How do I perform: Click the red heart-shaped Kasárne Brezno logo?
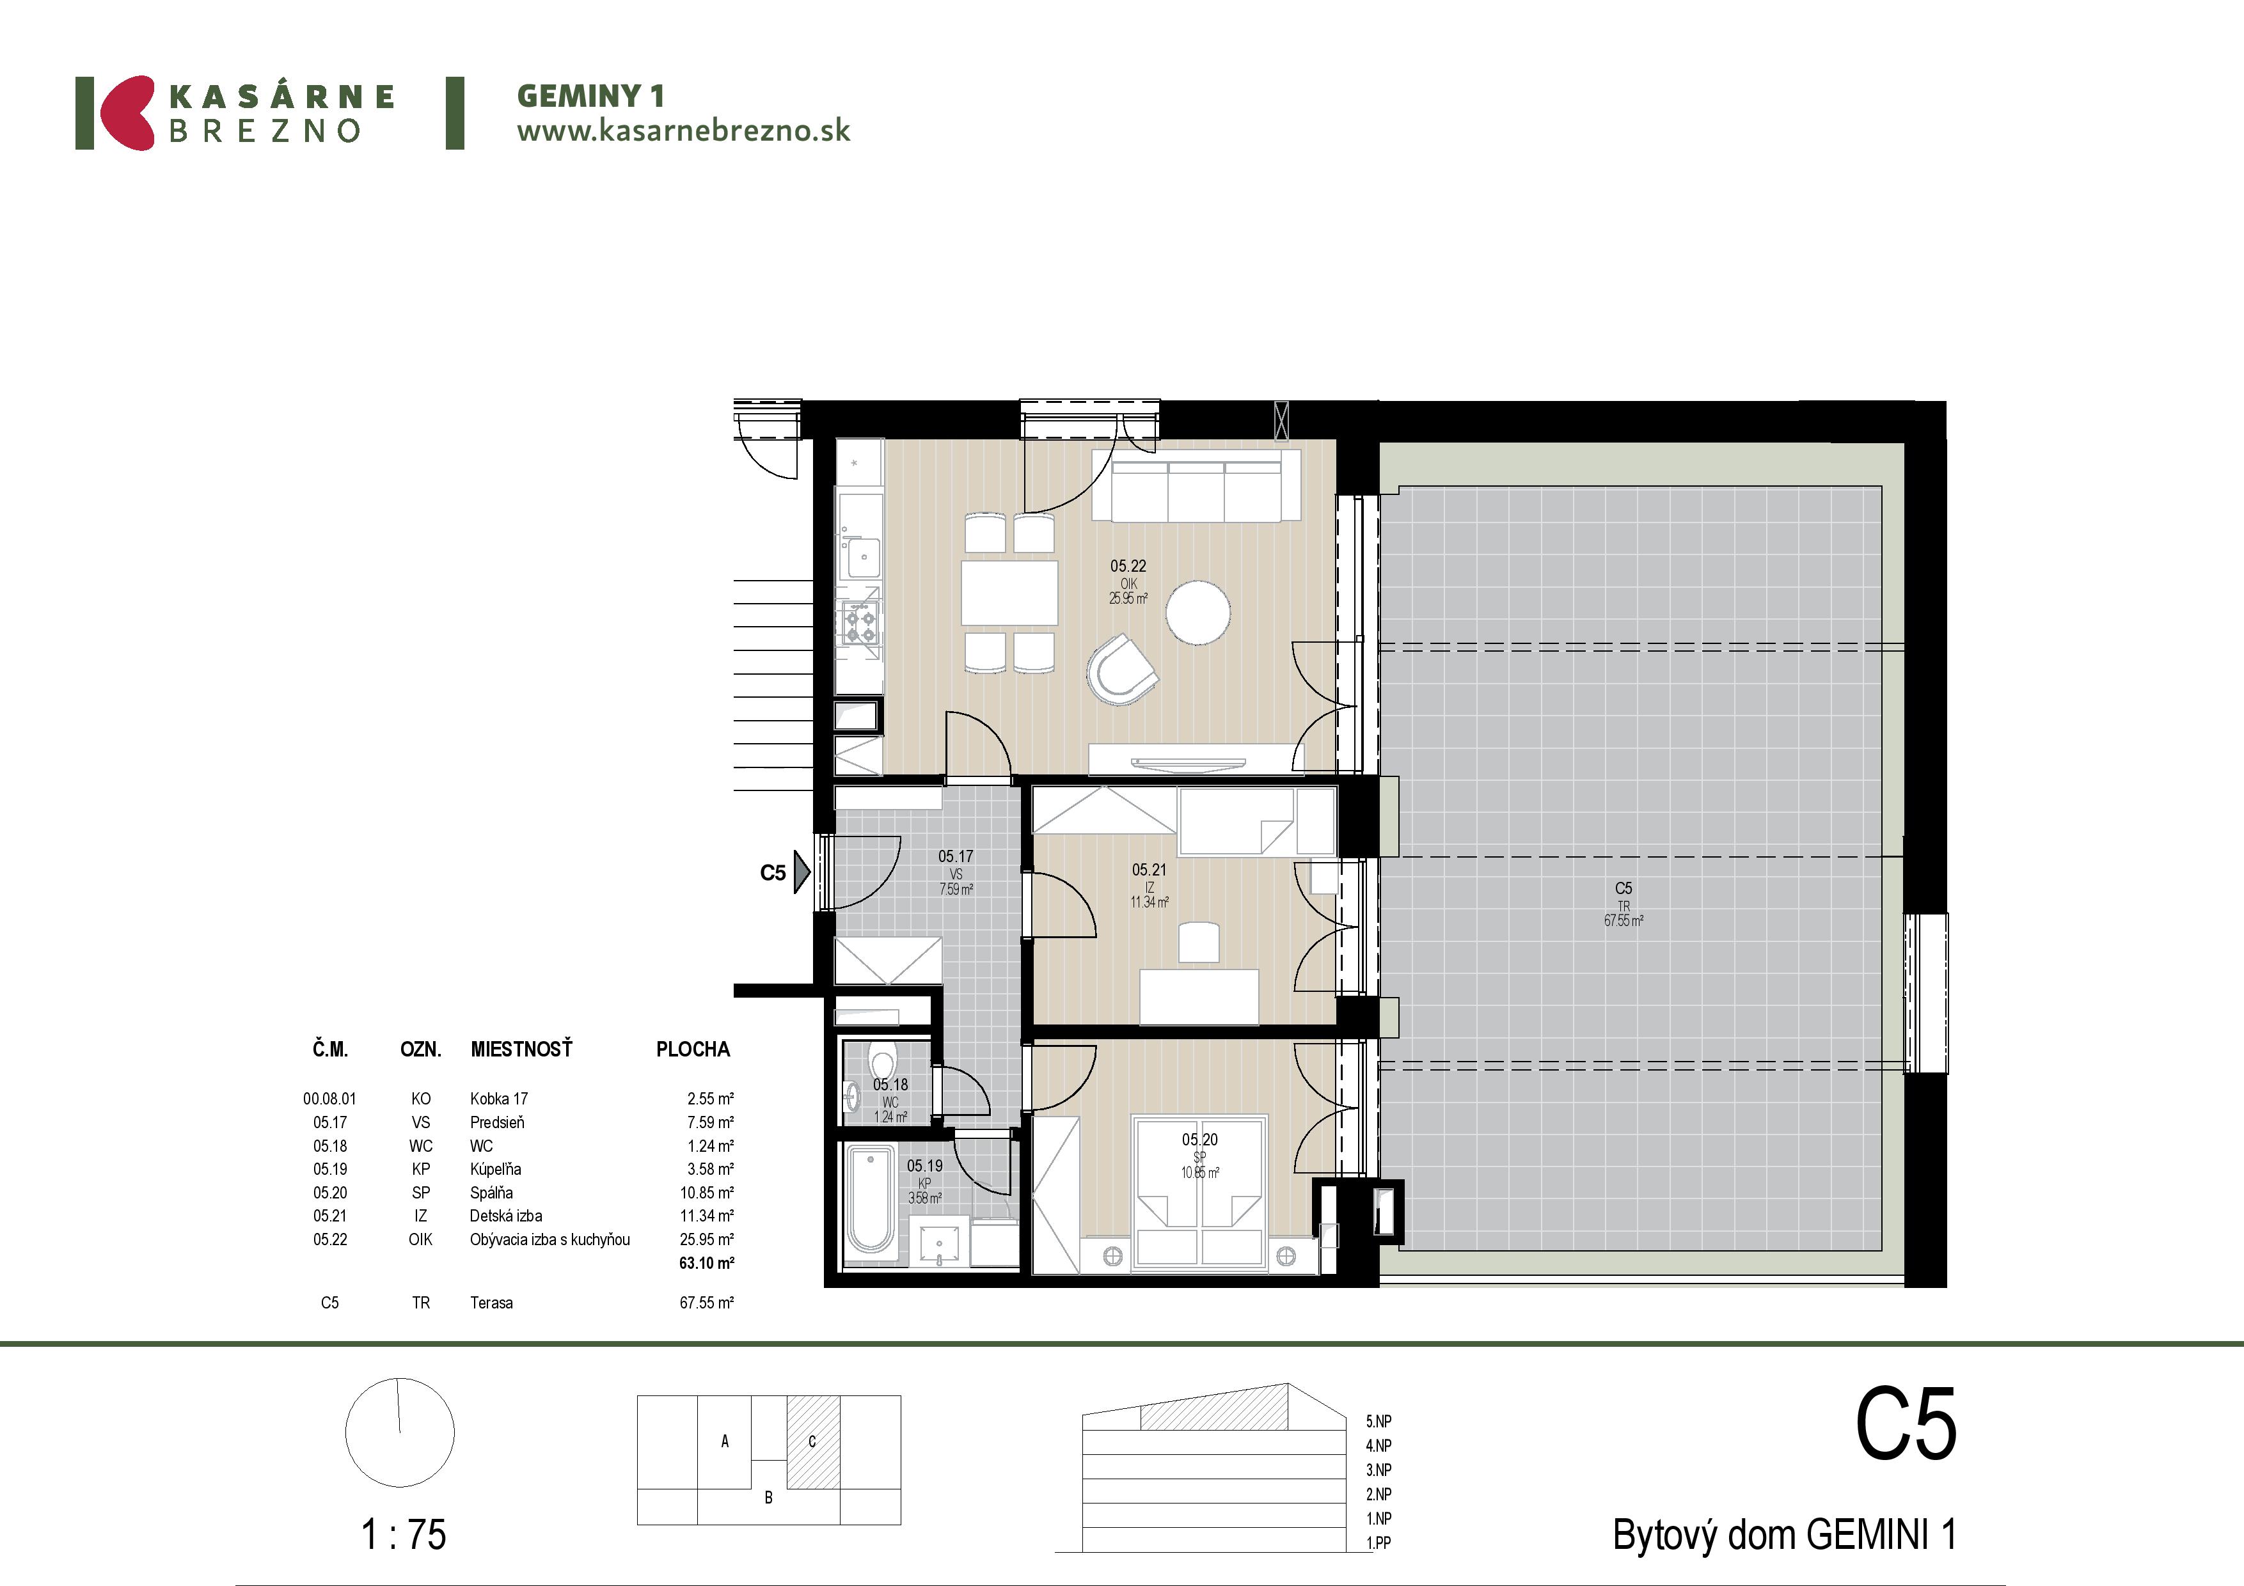pyautogui.click(x=128, y=113)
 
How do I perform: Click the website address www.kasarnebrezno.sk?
pyautogui.click(x=683, y=131)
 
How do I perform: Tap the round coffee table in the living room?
pyautogui.click(x=1198, y=613)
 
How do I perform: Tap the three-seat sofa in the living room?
pyautogui.click(x=1196, y=485)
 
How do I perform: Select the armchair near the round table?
pyautogui.click(x=1122, y=670)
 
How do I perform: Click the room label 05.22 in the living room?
pyautogui.click(x=1128, y=566)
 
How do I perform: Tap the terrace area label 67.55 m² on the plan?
pyautogui.click(x=1624, y=920)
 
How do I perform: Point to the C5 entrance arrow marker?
pyautogui.click(x=802, y=872)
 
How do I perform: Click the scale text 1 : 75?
pyautogui.click(x=404, y=1534)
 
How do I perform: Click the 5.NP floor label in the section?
pyautogui.click(x=1379, y=1421)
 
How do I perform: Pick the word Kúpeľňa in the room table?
pyautogui.click(x=496, y=1169)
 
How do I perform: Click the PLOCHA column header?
pyautogui.click(x=693, y=1049)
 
